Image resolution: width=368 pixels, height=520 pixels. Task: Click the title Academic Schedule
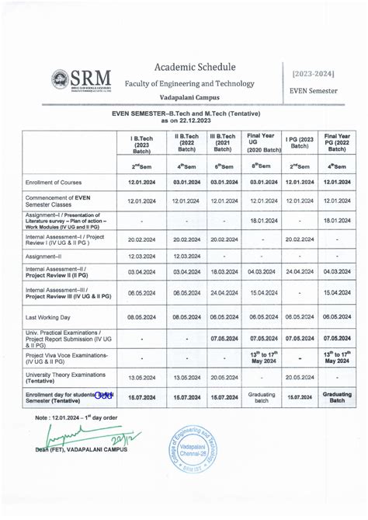point(195,68)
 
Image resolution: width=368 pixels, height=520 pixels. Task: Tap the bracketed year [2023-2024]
point(314,73)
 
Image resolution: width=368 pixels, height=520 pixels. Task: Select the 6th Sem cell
point(223,166)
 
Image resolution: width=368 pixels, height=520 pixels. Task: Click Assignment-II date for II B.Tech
point(186,256)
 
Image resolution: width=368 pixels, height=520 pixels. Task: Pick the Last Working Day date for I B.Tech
point(143,316)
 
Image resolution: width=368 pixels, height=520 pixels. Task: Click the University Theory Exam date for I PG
point(299,378)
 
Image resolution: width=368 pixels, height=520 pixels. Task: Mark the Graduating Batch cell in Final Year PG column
point(337,396)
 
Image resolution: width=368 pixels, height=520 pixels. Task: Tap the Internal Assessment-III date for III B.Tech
point(223,293)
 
